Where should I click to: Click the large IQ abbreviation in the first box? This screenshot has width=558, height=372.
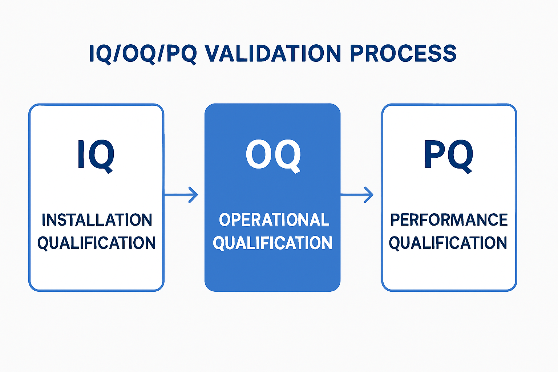click(96, 155)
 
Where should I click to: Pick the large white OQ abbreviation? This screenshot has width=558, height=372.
click(273, 155)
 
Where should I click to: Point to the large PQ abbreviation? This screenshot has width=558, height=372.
click(449, 155)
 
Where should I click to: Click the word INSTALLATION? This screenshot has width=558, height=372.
click(97, 220)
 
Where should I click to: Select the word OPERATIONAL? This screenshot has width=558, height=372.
click(274, 220)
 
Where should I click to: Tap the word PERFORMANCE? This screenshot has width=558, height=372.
click(449, 220)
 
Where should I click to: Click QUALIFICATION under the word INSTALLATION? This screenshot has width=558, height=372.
click(97, 243)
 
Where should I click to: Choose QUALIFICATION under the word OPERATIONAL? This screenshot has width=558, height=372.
click(272, 243)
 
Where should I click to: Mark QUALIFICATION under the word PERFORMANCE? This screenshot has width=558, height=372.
click(448, 243)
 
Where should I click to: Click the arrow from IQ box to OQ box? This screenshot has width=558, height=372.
click(181, 195)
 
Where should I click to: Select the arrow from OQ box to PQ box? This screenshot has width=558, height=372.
click(356, 195)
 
